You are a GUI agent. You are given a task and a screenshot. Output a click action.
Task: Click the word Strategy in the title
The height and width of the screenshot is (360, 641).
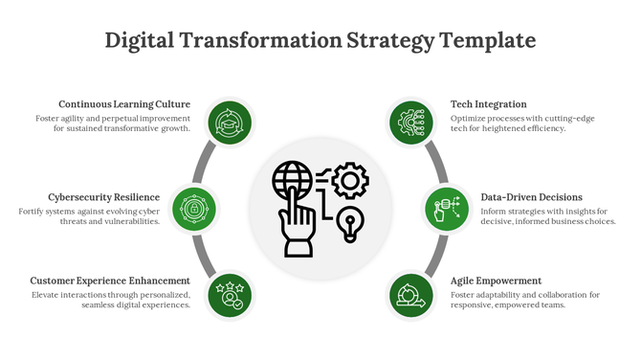390,40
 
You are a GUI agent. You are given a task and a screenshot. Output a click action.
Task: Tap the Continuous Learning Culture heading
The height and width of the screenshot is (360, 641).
124,104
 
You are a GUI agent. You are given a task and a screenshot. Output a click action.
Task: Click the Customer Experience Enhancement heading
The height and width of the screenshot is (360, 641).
110,281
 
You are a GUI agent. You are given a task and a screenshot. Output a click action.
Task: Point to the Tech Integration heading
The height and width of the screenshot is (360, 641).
488,104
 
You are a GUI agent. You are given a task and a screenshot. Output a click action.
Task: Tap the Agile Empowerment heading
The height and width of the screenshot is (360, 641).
496,281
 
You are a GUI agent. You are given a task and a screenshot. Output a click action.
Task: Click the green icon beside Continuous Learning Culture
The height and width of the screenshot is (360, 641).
230,122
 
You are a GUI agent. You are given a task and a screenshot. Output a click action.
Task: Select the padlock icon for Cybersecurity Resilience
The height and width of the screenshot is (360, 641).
194,208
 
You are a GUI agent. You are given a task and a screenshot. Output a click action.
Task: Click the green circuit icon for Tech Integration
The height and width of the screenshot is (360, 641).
411,122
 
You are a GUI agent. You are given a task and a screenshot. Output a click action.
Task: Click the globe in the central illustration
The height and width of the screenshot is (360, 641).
292,179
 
